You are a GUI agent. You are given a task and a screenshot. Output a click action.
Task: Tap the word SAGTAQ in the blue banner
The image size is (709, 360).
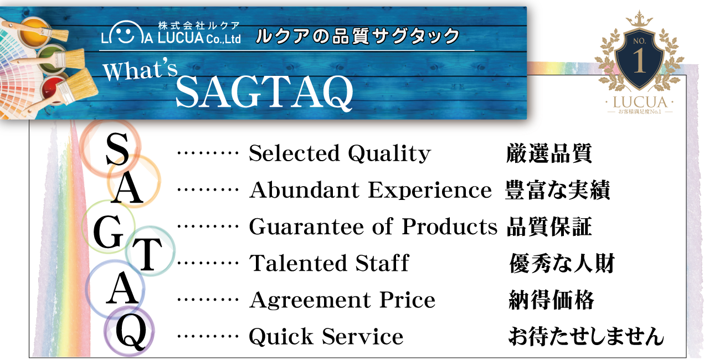pos(264,92)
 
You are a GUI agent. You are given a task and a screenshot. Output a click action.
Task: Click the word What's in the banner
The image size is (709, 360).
pos(140,70)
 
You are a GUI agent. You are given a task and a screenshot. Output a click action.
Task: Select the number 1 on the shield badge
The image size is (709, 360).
pos(639,61)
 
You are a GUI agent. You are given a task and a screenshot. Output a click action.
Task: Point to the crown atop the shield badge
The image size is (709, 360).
pos(639,18)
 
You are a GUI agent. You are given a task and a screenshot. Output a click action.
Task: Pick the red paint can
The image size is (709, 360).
pos(54,90)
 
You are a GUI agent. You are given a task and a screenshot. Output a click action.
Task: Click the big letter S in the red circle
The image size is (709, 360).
pos(117,148)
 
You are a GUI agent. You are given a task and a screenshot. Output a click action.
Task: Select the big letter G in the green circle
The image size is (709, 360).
pos(108,232)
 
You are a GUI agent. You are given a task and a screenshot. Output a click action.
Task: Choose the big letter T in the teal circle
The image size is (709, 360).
pos(147,255)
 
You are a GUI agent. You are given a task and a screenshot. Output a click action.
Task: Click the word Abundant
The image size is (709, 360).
pos(304,190)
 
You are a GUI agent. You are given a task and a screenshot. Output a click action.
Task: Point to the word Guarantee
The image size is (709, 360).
pos(306,227)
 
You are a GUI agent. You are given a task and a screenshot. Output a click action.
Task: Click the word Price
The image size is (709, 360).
pos(407,300)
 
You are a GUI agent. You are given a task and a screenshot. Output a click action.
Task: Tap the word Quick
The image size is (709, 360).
pos(281,336)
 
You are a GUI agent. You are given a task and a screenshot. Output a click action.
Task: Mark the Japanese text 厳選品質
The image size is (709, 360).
pos(549,153)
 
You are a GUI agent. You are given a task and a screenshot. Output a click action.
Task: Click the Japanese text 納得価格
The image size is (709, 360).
pos(551,300)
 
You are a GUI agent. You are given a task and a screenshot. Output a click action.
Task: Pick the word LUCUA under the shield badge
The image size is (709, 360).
pos(640,102)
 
